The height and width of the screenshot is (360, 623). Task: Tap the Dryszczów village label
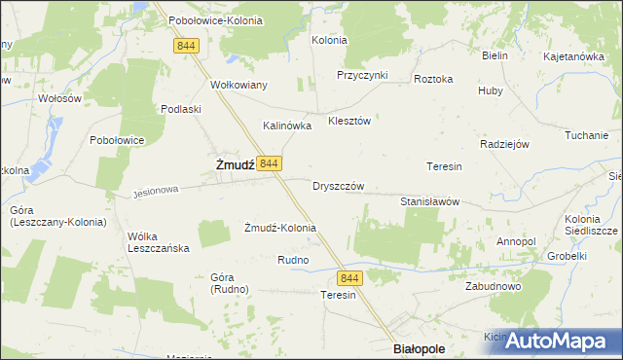click(x=339, y=185)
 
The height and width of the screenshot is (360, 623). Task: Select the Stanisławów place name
click(x=429, y=201)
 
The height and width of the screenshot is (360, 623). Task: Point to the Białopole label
click(x=418, y=347)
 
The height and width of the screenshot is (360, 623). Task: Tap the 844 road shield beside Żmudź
click(x=272, y=162)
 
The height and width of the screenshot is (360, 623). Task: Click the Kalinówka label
click(x=287, y=126)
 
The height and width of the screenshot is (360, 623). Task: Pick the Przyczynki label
click(x=362, y=75)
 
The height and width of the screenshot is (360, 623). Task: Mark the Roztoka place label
click(x=433, y=79)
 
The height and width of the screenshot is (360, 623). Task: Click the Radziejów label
click(x=504, y=143)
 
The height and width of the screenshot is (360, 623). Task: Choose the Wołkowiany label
click(x=238, y=84)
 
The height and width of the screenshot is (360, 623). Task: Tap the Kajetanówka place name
click(x=574, y=56)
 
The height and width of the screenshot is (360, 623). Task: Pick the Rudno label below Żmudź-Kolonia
click(x=293, y=260)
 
